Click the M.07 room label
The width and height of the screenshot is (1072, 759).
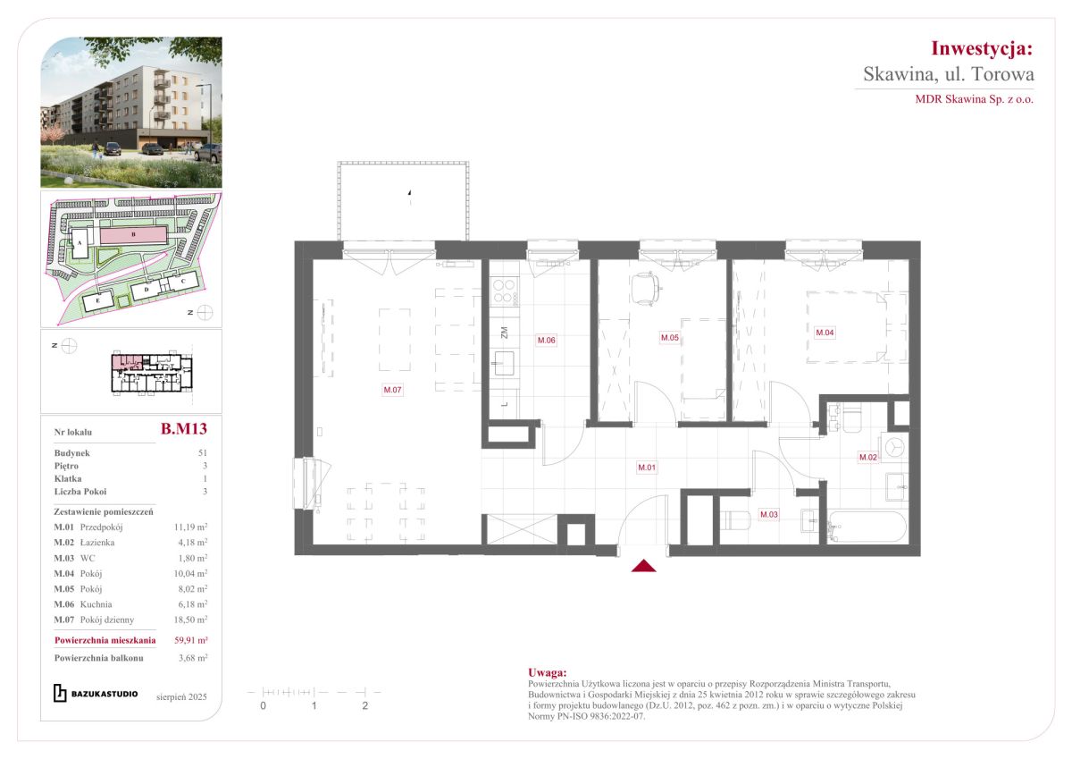pyautogui.click(x=392, y=390)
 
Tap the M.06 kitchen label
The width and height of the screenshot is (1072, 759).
pyautogui.click(x=546, y=340)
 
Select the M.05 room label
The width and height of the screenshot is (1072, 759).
pyautogui.click(x=669, y=338)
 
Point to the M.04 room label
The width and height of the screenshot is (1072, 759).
pyautogui.click(x=825, y=333)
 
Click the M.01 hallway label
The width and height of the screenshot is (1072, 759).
pyautogui.click(x=647, y=468)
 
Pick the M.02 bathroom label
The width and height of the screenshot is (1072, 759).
pyautogui.click(x=868, y=458)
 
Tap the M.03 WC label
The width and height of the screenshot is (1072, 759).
pyautogui.click(x=769, y=514)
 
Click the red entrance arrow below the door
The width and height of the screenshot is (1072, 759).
pyautogui.click(x=644, y=566)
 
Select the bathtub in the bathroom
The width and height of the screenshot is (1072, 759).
pyautogui.click(x=867, y=527)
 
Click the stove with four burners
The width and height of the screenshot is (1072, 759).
pyautogui.click(x=505, y=292)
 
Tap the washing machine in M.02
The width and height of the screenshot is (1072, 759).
pyautogui.click(x=893, y=448)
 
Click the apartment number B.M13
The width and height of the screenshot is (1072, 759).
pyautogui.click(x=184, y=428)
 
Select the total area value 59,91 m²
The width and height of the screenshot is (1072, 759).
pyautogui.click(x=190, y=640)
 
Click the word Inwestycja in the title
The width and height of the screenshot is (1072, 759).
pyautogui.click(x=982, y=48)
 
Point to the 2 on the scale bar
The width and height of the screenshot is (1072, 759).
pyautogui.click(x=365, y=706)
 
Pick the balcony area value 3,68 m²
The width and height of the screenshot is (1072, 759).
pyautogui.click(x=193, y=658)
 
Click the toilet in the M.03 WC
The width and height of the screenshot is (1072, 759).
pyautogui.click(x=734, y=520)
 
